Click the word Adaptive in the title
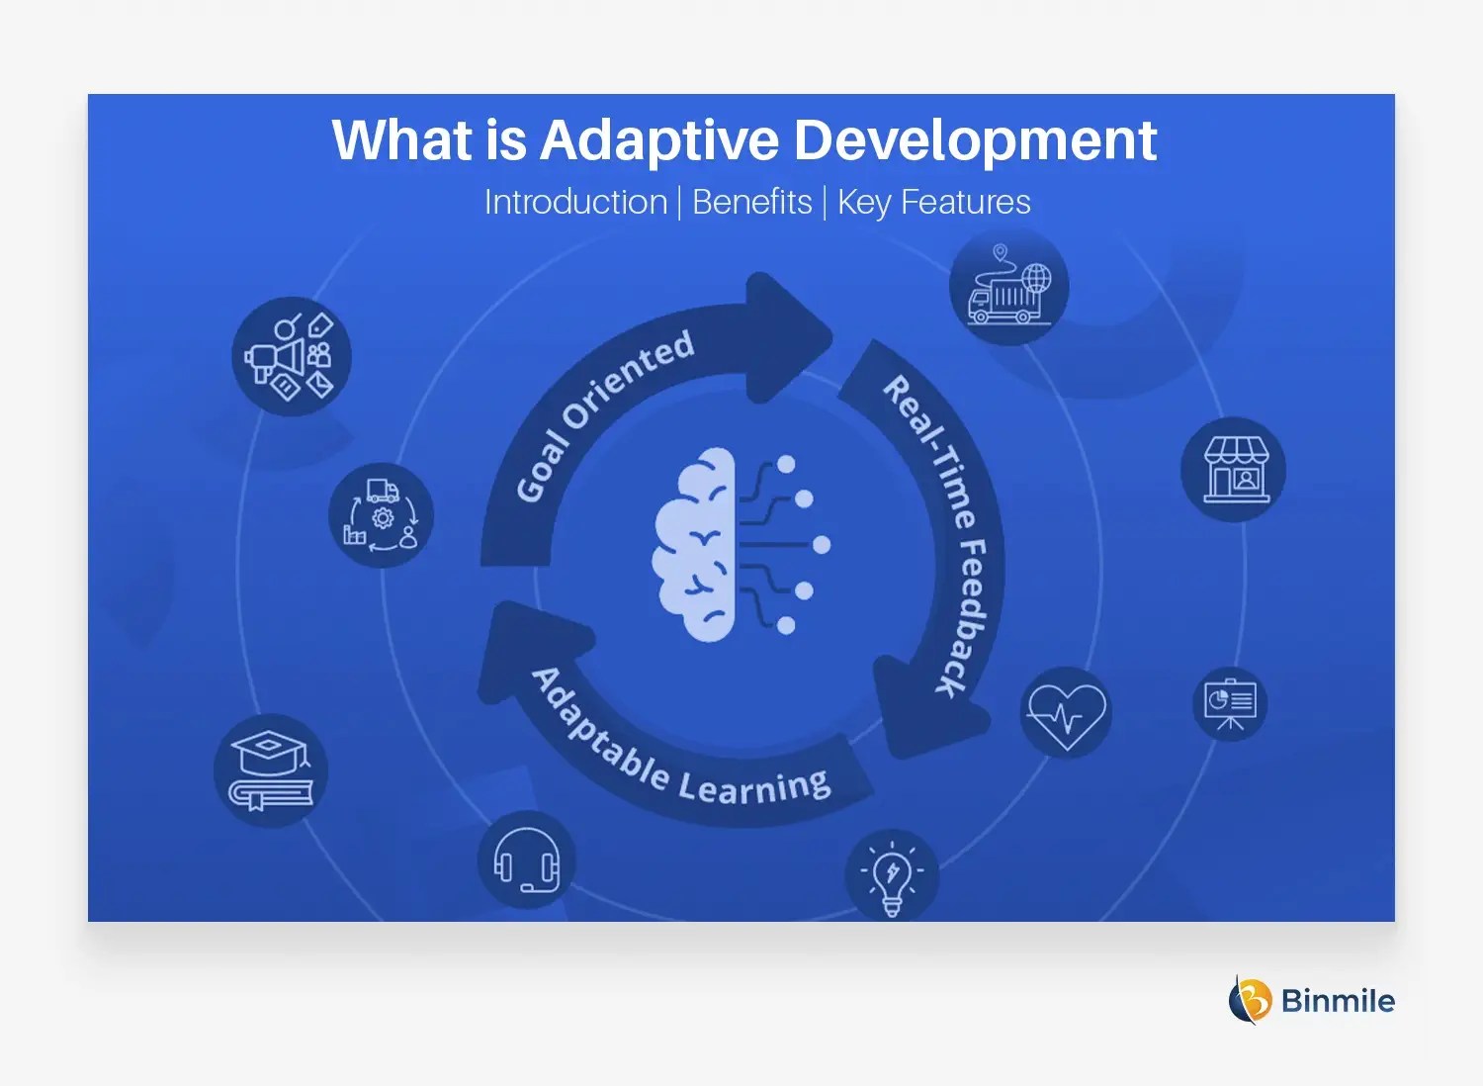[x=660, y=140]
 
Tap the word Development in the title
[x=975, y=140]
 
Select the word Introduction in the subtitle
[x=575, y=202]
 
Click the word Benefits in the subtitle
[x=751, y=202]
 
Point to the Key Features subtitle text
[x=933, y=202]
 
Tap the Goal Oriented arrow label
[x=604, y=415]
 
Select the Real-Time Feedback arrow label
[x=940, y=534]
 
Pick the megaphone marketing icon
[x=292, y=356]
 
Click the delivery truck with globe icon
[x=1008, y=286]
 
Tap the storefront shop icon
[x=1233, y=470]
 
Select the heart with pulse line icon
[x=1066, y=713]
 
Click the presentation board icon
[x=1229, y=704]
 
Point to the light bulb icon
[x=892, y=875]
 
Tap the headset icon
[x=526, y=860]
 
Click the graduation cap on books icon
[x=271, y=770]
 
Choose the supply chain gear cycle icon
[x=381, y=515]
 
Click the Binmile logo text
[x=1337, y=1001]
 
